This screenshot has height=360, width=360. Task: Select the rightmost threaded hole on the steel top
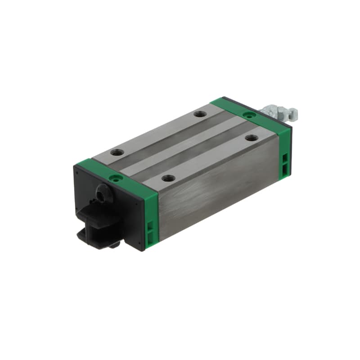250,138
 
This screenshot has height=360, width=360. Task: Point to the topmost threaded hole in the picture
199,114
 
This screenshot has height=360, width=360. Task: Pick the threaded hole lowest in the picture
167,178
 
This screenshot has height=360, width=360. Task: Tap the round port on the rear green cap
247,115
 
